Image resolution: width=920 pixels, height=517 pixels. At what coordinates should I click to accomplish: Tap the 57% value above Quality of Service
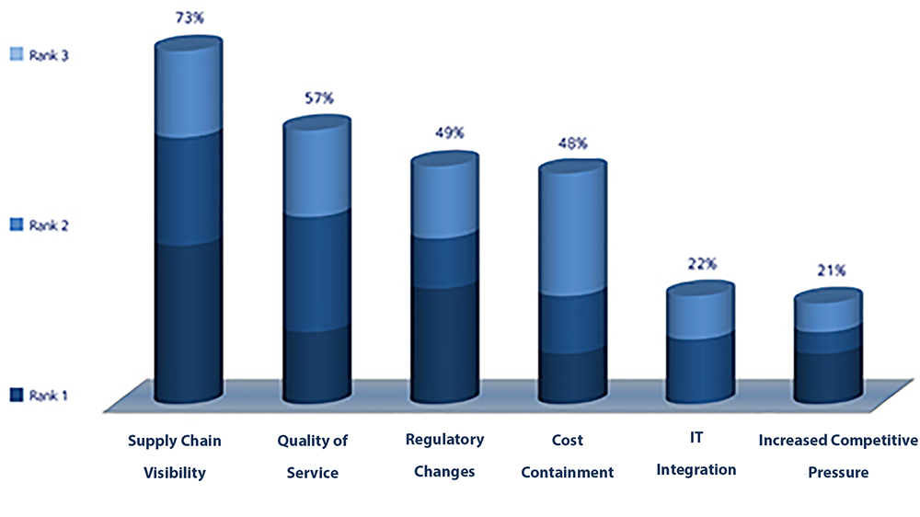(x=317, y=98)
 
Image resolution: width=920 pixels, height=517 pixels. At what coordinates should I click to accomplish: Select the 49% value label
(x=445, y=134)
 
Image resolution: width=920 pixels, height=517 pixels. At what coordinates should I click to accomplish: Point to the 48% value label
(x=571, y=144)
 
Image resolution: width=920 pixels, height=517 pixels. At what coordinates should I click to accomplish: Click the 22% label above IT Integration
(x=701, y=264)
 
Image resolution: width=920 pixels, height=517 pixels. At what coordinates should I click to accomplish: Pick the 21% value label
(x=828, y=270)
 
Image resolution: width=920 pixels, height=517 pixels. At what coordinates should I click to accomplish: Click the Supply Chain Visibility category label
(x=174, y=457)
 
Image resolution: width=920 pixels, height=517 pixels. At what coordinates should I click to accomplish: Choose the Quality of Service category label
(x=313, y=457)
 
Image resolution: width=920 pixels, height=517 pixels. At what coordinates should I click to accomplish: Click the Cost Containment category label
(x=568, y=457)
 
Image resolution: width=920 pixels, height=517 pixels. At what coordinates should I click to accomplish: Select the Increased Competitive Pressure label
(x=838, y=457)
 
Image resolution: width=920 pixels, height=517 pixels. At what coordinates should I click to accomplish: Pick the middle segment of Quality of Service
(x=317, y=271)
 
